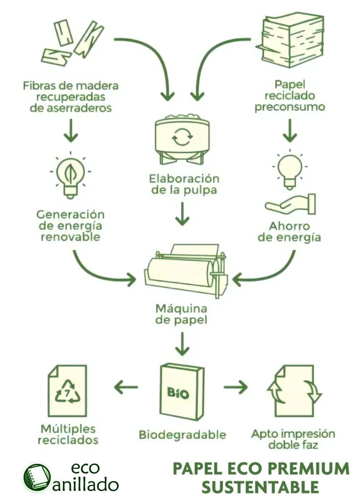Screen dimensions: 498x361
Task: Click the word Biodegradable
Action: pyautogui.click(x=182, y=435)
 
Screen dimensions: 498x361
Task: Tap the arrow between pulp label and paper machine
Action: pyautogui.click(x=182, y=215)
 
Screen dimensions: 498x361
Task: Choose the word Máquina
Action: pyautogui.click(x=181, y=309)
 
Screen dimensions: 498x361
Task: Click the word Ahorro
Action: pyautogui.click(x=289, y=227)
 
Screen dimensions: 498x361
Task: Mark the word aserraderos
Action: pyautogui.click(x=71, y=108)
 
